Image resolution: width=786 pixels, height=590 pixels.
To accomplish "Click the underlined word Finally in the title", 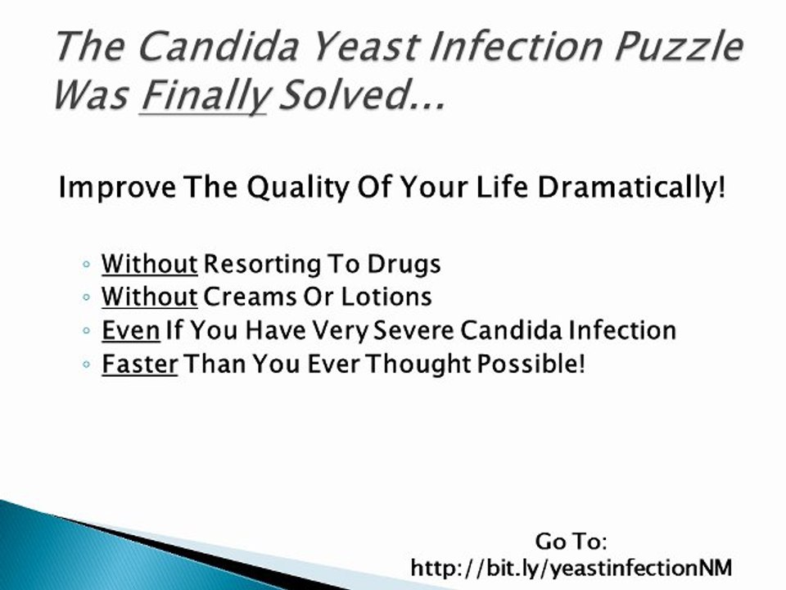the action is [x=204, y=96].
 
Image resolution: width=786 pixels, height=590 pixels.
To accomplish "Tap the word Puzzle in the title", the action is [x=678, y=47].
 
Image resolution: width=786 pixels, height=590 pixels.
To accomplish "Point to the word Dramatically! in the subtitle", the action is [x=631, y=187].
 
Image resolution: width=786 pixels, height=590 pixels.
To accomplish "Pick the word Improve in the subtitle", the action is [x=117, y=188].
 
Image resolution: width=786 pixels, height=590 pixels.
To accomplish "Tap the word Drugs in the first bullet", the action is [x=404, y=264].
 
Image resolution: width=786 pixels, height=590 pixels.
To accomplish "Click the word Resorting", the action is [x=262, y=264].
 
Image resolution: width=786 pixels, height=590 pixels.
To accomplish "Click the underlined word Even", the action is [x=131, y=330].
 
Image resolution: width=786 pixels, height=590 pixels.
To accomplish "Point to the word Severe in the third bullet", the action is [x=413, y=330].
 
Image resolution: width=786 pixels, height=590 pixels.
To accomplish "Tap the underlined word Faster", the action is [x=140, y=364].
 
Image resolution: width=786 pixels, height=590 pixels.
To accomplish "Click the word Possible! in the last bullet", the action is [x=531, y=364].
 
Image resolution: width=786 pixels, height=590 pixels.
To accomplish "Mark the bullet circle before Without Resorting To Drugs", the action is [x=86, y=264].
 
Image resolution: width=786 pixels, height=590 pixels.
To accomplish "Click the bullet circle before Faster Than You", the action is [x=86, y=364].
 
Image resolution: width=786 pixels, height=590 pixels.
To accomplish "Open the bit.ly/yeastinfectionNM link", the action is [x=571, y=568].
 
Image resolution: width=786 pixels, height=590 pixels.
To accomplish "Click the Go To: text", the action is [x=571, y=542].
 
